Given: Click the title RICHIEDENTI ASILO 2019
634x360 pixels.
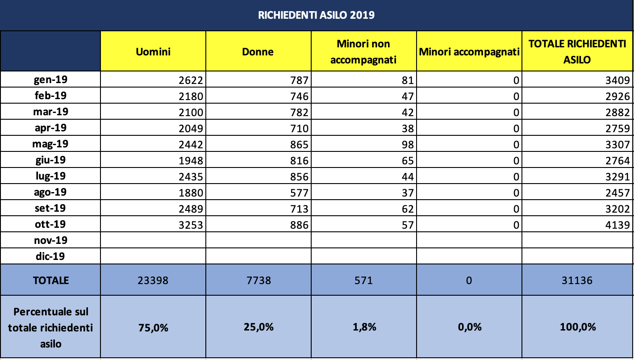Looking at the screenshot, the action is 316,15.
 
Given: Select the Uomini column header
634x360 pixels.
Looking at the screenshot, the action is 153,52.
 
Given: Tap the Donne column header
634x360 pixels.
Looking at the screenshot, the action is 258,52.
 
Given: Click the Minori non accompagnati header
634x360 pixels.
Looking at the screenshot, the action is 363,52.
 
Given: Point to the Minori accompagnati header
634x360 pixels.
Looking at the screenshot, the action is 469,52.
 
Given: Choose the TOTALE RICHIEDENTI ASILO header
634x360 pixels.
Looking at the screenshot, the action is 577,52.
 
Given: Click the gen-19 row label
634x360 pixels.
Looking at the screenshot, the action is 50,80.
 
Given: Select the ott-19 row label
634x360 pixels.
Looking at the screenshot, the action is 50,224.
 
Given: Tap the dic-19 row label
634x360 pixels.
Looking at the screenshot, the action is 50,256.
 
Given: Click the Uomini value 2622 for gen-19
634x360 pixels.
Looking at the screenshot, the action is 191,80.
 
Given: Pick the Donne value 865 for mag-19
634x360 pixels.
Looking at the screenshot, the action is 299,145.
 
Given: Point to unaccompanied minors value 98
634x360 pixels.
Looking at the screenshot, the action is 408,145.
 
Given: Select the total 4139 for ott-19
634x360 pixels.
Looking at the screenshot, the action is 617,225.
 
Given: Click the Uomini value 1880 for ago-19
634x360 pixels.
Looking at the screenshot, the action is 191,193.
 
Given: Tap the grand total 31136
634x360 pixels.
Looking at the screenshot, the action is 577,280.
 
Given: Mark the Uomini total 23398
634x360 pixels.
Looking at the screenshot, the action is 153,280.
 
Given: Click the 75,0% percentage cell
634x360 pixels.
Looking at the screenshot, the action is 153,328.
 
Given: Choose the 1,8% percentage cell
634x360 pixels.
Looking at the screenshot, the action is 364,327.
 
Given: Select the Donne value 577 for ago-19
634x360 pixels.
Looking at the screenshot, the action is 299,193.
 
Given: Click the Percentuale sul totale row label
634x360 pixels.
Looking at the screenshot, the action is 50,328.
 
